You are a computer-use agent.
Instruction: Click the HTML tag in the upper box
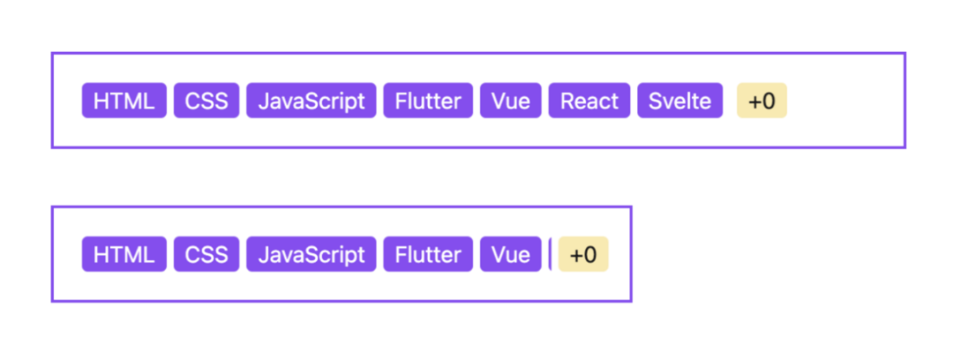pyautogui.click(x=124, y=101)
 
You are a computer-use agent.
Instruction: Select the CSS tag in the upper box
pyautogui.click(x=206, y=101)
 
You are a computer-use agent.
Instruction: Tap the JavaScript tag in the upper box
pyautogui.click(x=311, y=101)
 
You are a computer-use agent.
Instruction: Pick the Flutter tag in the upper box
pyautogui.click(x=428, y=101)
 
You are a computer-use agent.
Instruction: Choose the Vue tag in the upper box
pyautogui.click(x=510, y=101)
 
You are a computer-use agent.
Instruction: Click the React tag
pyautogui.click(x=589, y=101)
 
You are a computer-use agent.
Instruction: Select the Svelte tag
pyautogui.click(x=679, y=101)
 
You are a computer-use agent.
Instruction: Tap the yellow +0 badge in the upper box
pyautogui.click(x=762, y=101)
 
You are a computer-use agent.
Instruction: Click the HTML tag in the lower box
pyautogui.click(x=124, y=254)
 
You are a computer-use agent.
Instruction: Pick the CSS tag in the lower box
pyautogui.click(x=206, y=254)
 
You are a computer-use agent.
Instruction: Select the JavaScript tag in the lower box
pyautogui.click(x=311, y=254)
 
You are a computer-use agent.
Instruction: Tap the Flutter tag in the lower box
pyautogui.click(x=428, y=254)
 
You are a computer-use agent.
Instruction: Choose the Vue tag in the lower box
pyautogui.click(x=510, y=254)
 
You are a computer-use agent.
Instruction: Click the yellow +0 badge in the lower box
pyautogui.click(x=583, y=254)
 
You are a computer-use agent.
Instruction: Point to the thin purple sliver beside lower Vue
pyautogui.click(x=550, y=254)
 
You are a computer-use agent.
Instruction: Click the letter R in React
pyautogui.click(x=567, y=101)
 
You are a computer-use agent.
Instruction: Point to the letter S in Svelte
pyautogui.click(x=655, y=101)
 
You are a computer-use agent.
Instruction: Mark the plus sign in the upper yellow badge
pyautogui.click(x=754, y=101)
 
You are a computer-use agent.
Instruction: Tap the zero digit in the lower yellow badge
pyautogui.click(x=589, y=255)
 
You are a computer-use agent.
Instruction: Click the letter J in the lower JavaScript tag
pyautogui.click(x=263, y=254)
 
